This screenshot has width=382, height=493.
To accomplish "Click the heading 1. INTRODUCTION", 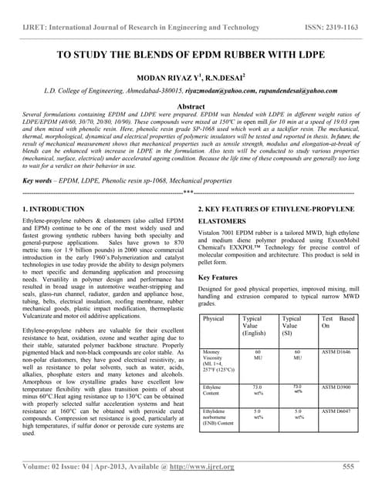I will [54, 210].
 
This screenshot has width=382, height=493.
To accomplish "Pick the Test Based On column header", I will [338, 323].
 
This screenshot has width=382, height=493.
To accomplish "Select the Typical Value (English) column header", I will [254, 327].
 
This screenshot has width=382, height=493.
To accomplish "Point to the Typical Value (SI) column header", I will [292, 327].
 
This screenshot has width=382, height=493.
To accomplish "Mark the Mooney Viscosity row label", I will [215, 361].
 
